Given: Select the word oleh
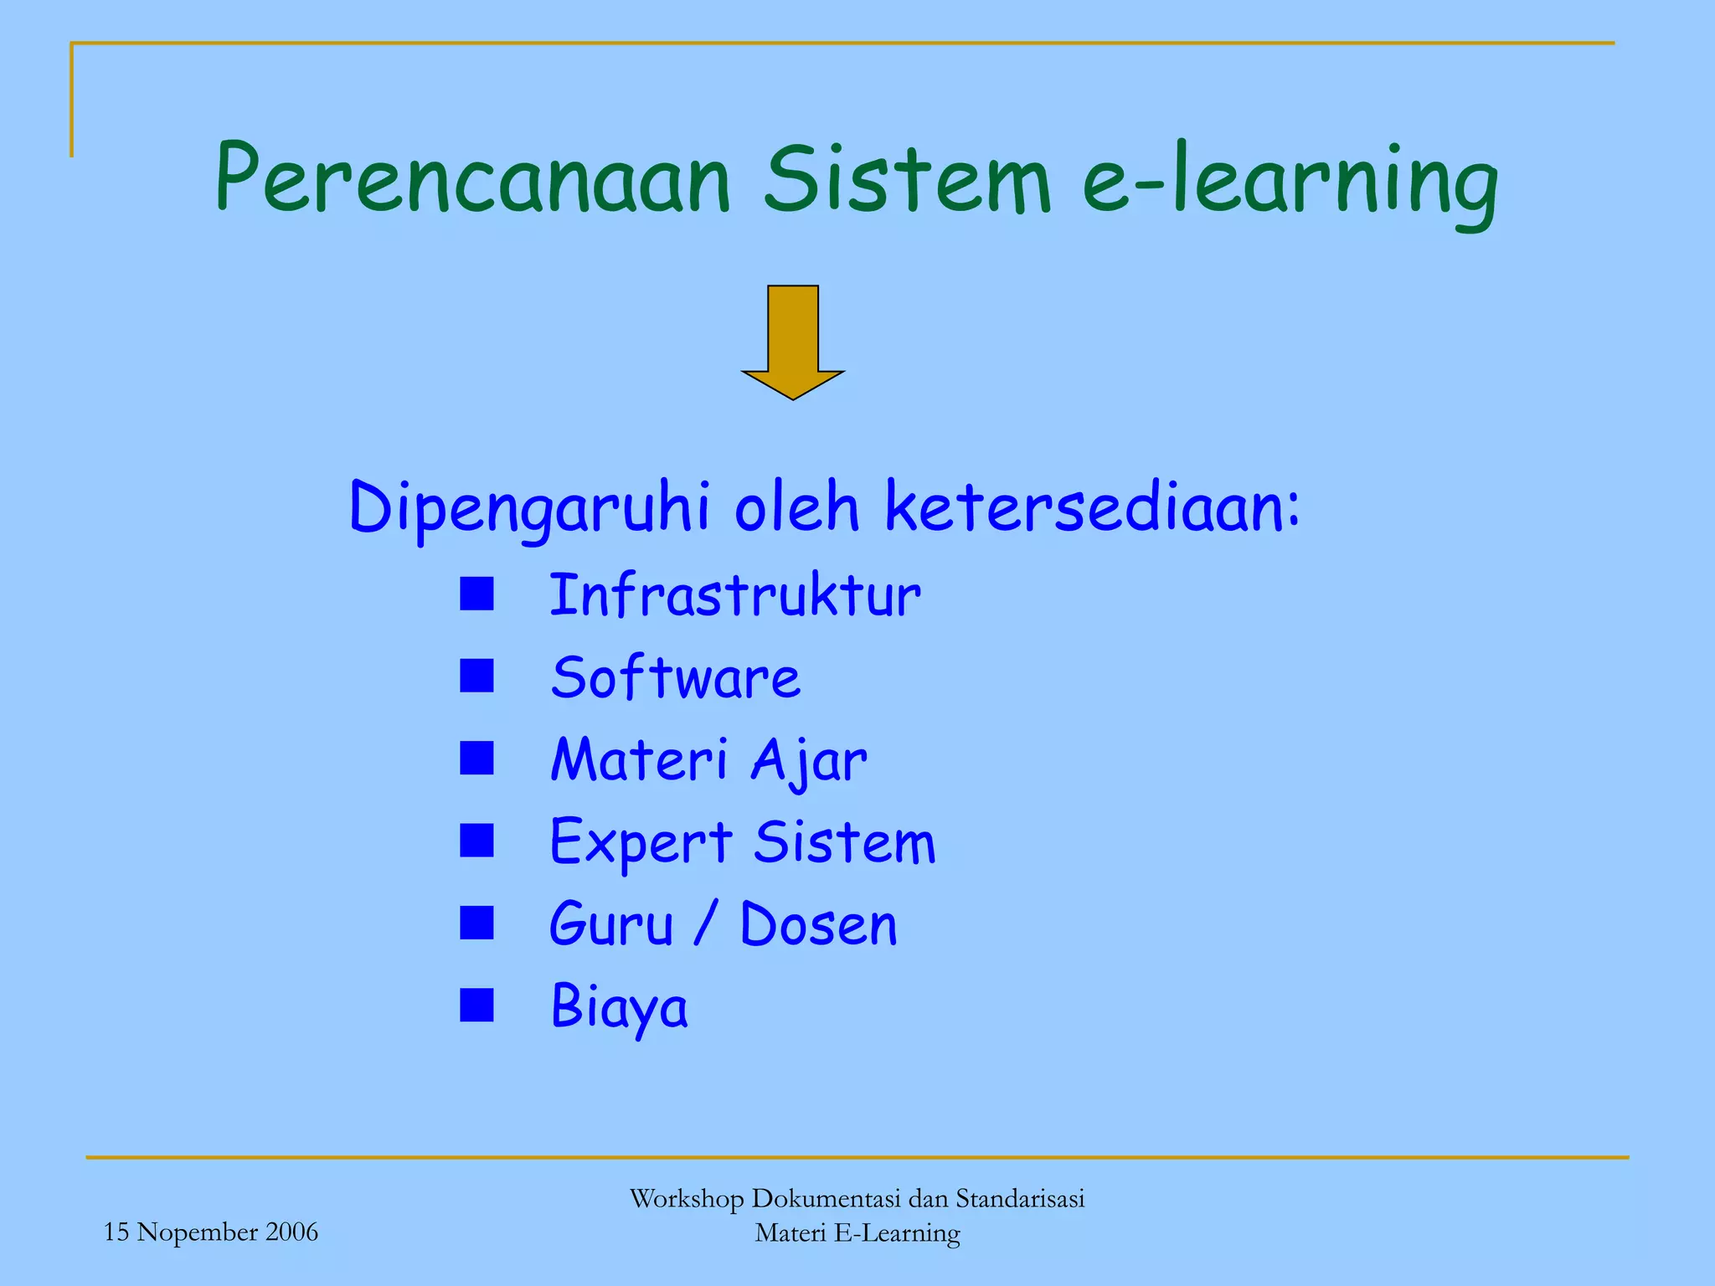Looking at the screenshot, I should tap(796, 507).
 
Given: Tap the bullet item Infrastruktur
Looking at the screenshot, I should tap(734, 596).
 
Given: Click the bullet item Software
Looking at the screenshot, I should tap(675, 677).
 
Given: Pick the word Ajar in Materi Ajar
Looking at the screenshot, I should tap(808, 761).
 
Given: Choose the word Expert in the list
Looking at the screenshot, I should tap(641, 842).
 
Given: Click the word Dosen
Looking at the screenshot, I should tap(818, 925).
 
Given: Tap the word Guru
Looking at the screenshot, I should tap(611, 925).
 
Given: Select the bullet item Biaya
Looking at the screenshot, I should tap(619, 1007).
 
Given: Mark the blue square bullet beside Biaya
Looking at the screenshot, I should tap(476, 1006).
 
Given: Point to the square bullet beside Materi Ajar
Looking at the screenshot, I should tap(476, 759).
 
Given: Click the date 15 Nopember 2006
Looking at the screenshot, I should tap(211, 1232).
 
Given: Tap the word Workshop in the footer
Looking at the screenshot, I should tap(686, 1199).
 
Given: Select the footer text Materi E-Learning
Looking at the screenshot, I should tap(857, 1233).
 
